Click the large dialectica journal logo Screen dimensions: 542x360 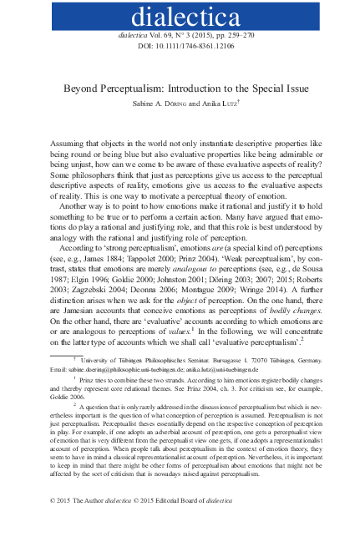(180, 17)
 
